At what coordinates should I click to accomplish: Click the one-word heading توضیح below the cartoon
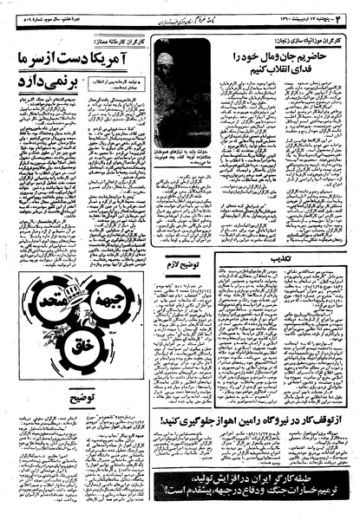click(83, 400)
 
